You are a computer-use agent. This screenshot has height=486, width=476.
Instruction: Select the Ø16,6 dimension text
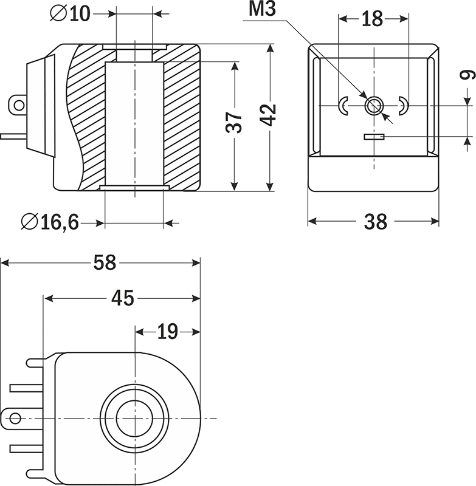[50, 223]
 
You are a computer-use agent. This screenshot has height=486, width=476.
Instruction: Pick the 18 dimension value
[372, 19]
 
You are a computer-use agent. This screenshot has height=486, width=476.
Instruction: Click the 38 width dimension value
[375, 222]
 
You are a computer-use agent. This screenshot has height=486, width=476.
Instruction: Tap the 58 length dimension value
[105, 263]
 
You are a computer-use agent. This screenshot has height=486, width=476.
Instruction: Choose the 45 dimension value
[122, 298]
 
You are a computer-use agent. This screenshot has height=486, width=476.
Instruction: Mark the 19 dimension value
[167, 332]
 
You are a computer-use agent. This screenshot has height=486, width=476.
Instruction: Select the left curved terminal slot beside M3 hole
[343, 106]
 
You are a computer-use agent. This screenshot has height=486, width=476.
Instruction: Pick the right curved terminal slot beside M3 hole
[402, 106]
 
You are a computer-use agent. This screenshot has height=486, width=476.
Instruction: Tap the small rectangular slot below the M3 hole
[374, 137]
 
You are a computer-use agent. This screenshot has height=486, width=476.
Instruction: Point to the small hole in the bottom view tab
[16, 418]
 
